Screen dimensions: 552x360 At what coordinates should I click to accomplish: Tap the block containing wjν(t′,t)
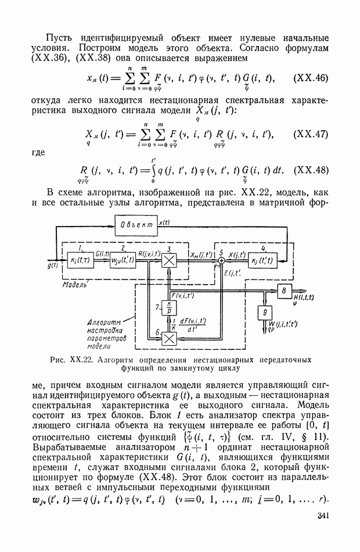(x=123, y=258)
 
